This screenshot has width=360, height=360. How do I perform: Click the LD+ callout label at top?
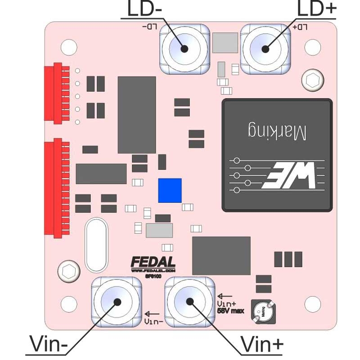[317, 9]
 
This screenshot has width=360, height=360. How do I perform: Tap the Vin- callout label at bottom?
[49, 344]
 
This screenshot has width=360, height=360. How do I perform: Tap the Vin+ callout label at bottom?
[262, 344]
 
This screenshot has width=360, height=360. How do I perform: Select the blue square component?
[170, 190]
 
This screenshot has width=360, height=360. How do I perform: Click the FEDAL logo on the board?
[153, 262]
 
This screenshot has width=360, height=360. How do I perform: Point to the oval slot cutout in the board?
[96, 245]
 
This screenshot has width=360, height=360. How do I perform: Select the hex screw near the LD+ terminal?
[312, 81]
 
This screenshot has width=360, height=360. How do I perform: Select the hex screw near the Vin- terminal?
[69, 271]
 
